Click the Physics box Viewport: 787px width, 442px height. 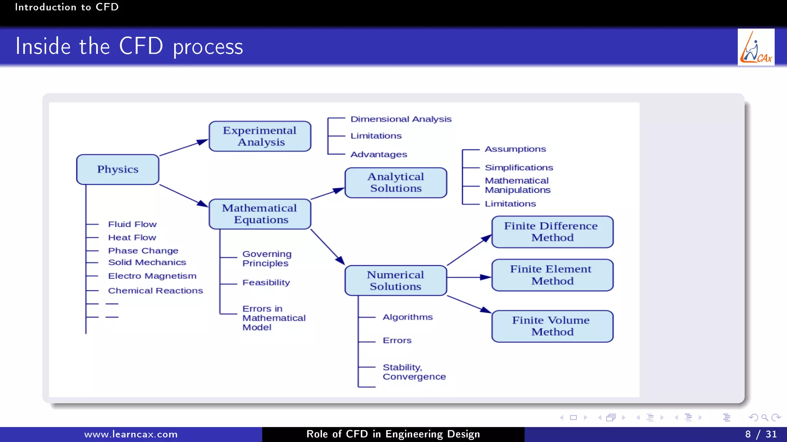[118, 170]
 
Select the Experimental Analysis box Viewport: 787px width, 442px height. [260, 136]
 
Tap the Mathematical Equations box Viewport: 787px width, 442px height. [260, 214]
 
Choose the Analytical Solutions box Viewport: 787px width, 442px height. [396, 183]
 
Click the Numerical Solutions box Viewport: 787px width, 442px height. [396, 280]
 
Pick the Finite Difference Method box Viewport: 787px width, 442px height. [552, 232]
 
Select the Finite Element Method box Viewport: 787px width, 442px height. [552, 275]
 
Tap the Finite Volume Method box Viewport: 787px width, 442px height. [552, 326]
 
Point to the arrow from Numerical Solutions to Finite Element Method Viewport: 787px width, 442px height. [469, 277]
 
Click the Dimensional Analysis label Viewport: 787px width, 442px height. [401, 119]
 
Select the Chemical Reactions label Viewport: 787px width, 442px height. [155, 291]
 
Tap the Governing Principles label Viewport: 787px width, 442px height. [267, 259]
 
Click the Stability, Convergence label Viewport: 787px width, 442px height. [414, 372]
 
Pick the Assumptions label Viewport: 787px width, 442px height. [515, 149]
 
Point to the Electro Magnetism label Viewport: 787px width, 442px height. [152, 276]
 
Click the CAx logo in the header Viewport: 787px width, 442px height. [755, 47]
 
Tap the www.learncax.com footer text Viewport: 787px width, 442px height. [131, 434]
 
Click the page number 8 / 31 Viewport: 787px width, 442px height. [760, 434]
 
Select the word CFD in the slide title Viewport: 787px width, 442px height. [141, 46]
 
